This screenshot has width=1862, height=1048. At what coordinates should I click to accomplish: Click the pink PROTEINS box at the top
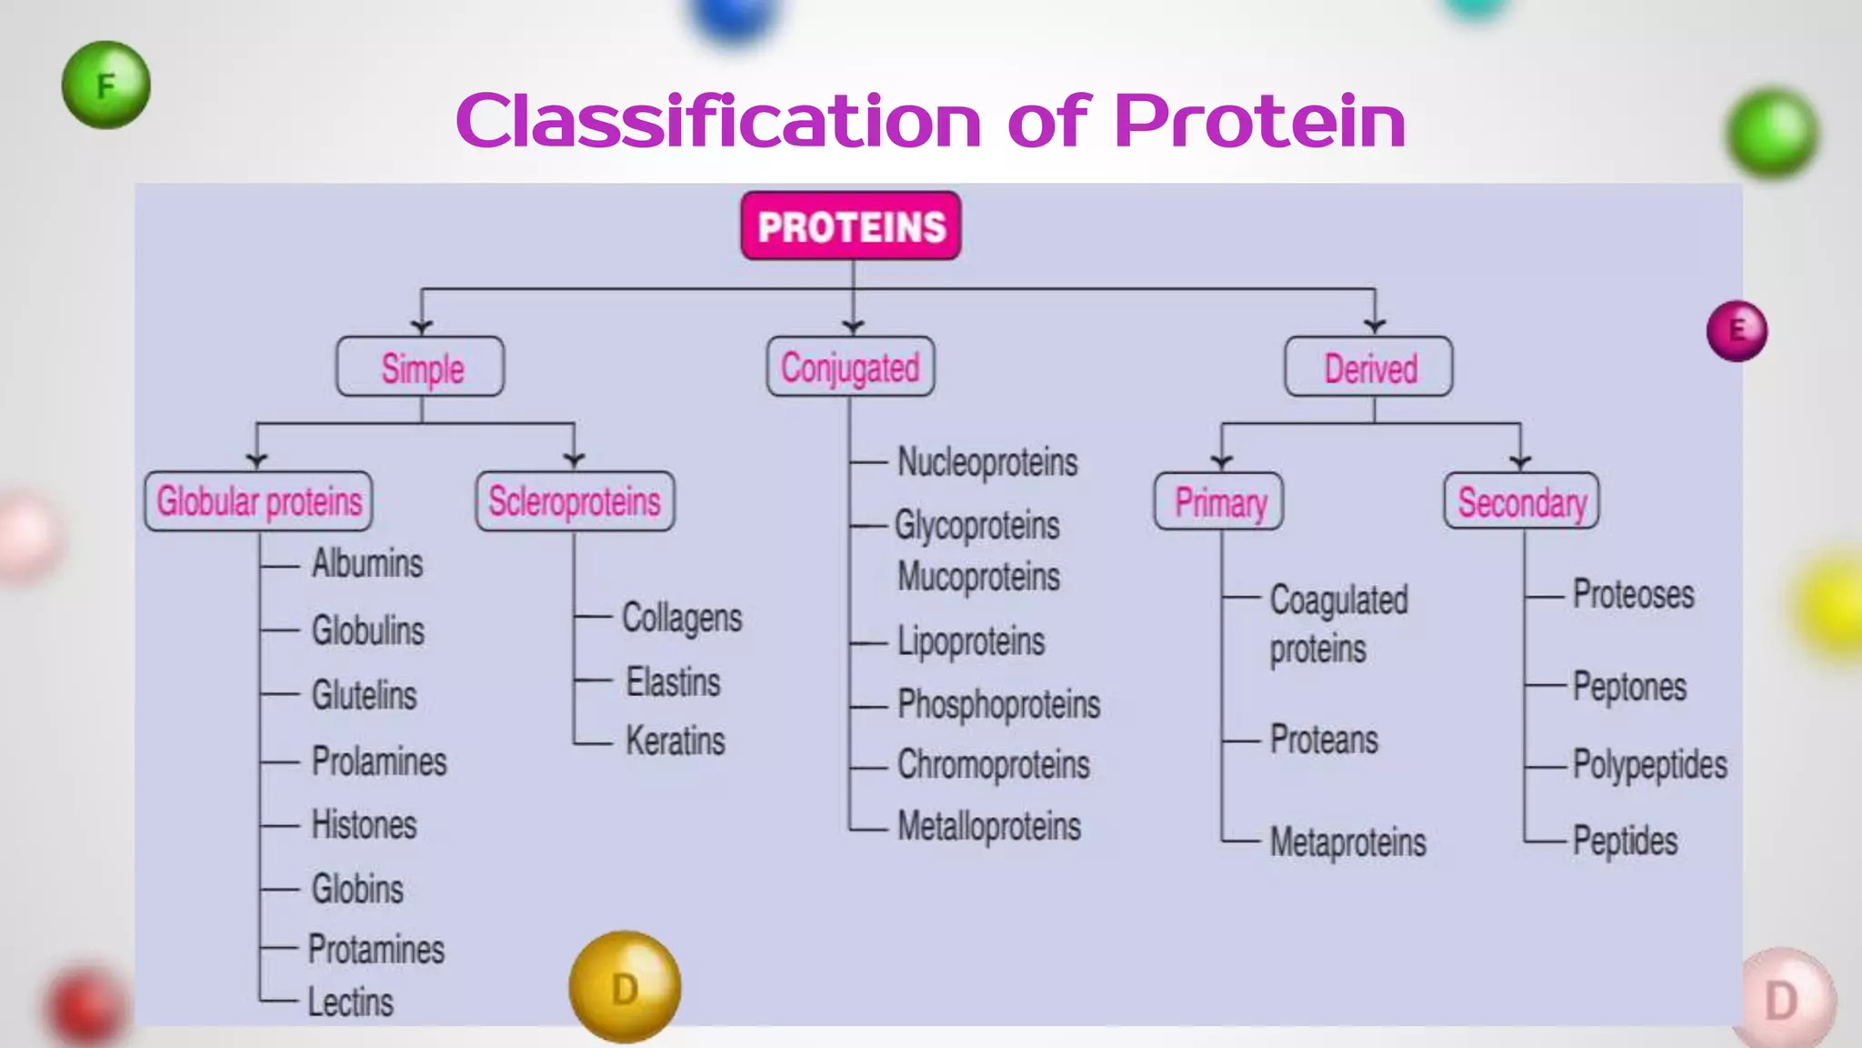[x=851, y=227]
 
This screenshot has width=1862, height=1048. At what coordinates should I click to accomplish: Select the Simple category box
[x=420, y=368]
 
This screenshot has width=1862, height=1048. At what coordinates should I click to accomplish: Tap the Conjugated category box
[x=850, y=368]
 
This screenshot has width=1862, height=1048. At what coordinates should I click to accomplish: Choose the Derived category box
[x=1368, y=368]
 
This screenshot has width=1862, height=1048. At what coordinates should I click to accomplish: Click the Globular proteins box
[x=259, y=501]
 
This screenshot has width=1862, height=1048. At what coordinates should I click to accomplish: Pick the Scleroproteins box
[x=575, y=501]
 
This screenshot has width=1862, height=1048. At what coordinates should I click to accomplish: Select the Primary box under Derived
[x=1219, y=501]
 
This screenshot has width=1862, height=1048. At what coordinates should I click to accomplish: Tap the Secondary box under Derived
[x=1521, y=501]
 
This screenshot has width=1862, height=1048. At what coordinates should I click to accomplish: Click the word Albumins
[x=367, y=563]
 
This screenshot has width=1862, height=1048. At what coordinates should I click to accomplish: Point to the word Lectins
[x=351, y=1003]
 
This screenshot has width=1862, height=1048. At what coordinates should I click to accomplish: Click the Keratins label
[x=676, y=741]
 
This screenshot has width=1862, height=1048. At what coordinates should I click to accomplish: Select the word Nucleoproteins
[x=987, y=462]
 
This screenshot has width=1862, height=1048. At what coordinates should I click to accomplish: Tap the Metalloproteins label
[x=989, y=826]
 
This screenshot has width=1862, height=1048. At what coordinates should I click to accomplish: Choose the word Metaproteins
[x=1347, y=841]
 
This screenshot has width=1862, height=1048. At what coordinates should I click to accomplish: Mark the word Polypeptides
[x=1649, y=764]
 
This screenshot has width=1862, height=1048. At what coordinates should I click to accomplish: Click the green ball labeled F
[x=106, y=86]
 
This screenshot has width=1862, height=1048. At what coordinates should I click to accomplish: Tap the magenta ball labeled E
[x=1737, y=330]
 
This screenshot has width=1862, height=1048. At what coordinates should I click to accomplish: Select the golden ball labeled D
[x=625, y=987]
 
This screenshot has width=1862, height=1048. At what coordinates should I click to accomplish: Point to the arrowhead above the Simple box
[x=421, y=326]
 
